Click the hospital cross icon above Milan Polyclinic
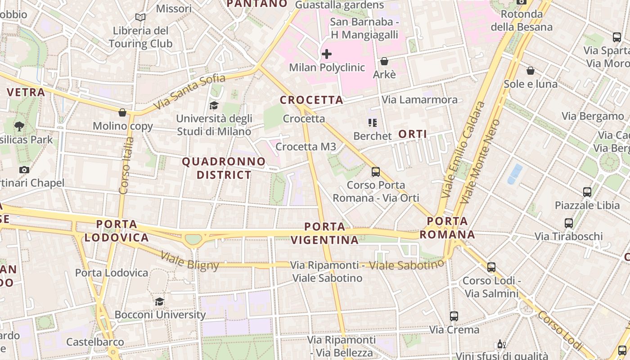327,54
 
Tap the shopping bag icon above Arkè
384,61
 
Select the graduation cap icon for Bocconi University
160,301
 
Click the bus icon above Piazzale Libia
587,192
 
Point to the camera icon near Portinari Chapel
24,170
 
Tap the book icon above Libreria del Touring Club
140,18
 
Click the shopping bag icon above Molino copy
122,112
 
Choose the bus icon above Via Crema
454,316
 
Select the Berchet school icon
372,122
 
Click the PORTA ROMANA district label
447,228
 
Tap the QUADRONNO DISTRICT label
224,168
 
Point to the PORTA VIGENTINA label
325,233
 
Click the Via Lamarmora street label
419,99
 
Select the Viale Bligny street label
189,261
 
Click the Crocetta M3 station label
306,147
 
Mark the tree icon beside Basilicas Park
19,126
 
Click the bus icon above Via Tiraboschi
569,223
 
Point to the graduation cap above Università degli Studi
214,105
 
